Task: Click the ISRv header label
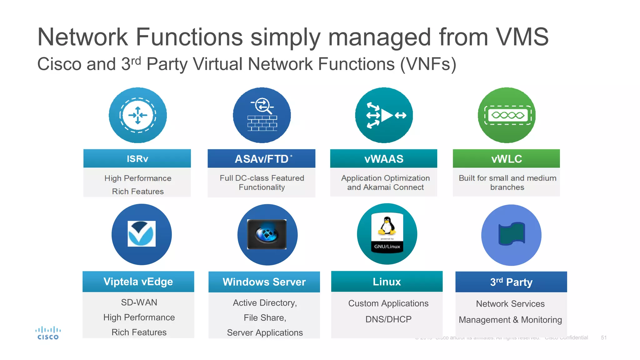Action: point(137,159)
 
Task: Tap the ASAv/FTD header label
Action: point(262,159)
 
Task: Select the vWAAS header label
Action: point(384,159)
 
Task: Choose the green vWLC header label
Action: point(506,159)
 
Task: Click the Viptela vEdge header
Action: point(138,282)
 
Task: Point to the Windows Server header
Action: point(264,282)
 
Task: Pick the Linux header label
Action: point(387,282)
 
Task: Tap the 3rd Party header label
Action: point(511,282)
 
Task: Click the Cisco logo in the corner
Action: point(48,333)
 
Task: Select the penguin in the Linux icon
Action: point(387,226)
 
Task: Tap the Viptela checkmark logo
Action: point(142,234)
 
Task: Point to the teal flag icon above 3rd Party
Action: point(511,233)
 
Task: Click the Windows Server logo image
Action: point(267,234)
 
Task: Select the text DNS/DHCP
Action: point(388,319)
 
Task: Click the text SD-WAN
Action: point(139,302)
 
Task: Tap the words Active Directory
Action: point(265,302)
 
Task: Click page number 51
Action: point(603,337)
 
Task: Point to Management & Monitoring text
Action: point(510,320)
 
